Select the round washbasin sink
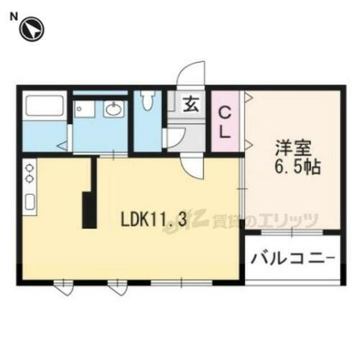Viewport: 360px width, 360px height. click(113, 110)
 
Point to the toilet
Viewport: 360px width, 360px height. click(148, 100)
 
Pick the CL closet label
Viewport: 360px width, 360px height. click(225, 122)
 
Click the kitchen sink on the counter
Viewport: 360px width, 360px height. click(30, 202)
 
